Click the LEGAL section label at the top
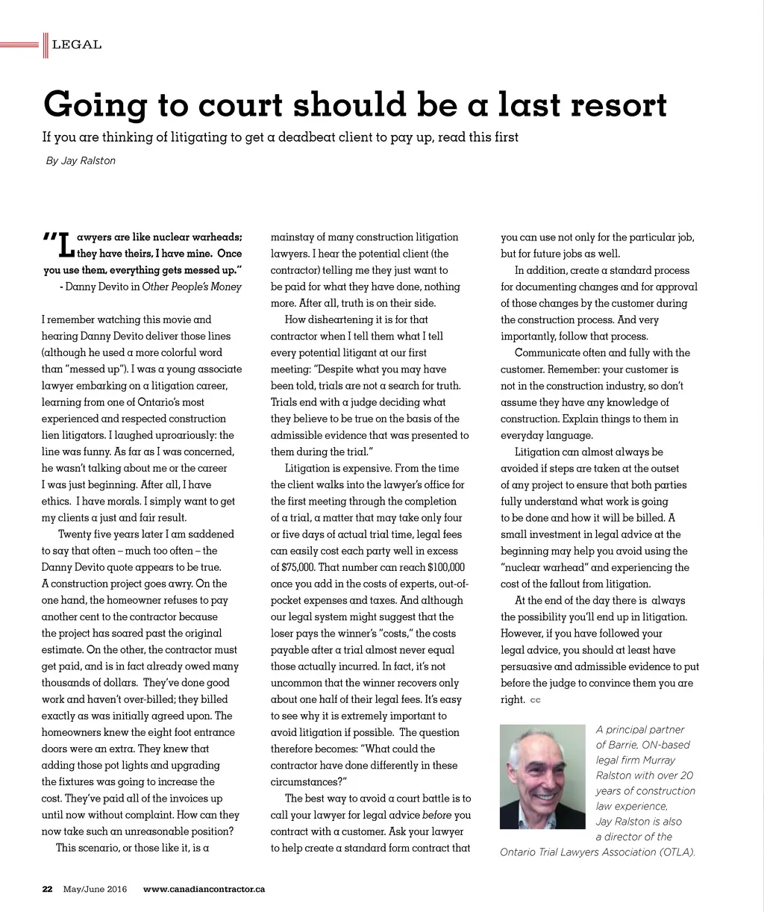(77, 45)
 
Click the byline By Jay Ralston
(81, 160)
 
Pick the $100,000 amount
(446, 567)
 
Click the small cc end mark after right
(535, 700)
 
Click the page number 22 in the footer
(47, 889)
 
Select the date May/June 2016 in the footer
(95, 889)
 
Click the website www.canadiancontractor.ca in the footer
(204, 889)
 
